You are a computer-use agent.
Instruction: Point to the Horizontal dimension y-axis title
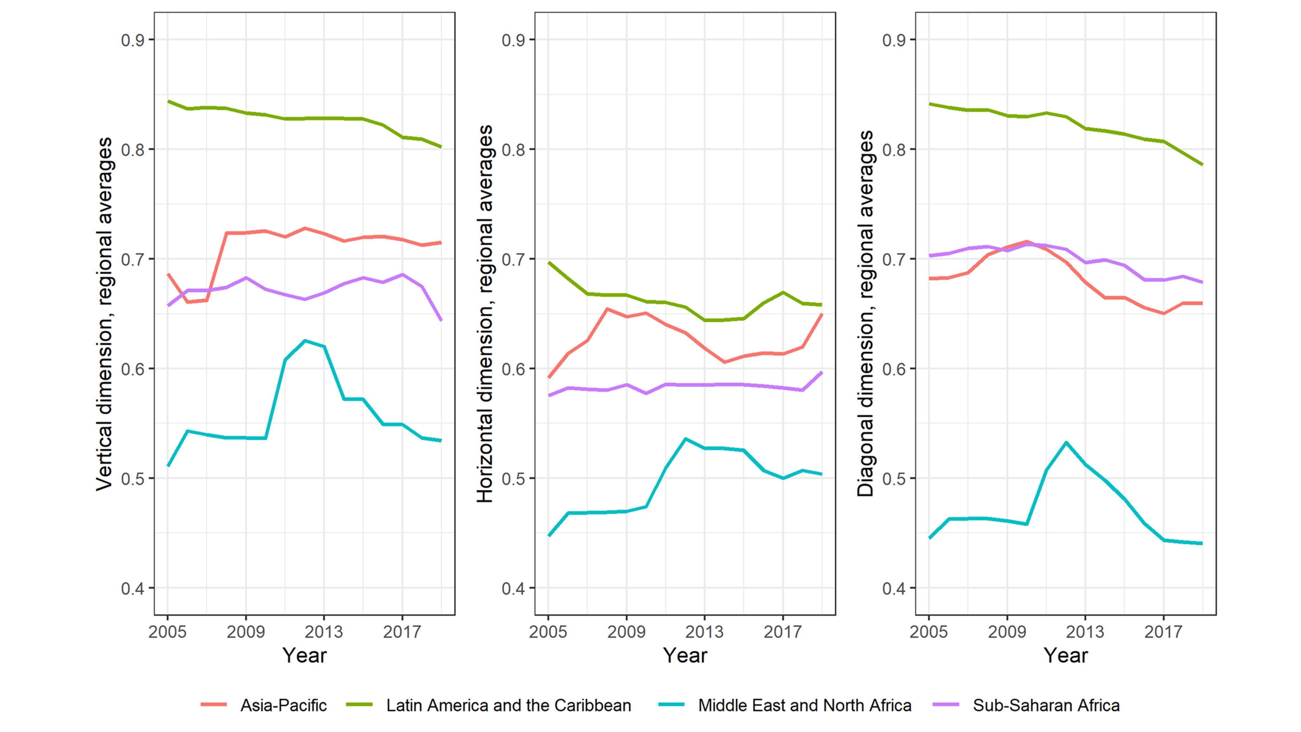coord(485,314)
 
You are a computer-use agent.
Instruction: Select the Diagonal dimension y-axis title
coord(865,314)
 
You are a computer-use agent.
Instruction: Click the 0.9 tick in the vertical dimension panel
coord(132,40)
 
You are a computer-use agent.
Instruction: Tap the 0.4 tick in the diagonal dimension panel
coord(893,588)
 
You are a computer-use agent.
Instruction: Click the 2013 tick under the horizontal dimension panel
coord(704,632)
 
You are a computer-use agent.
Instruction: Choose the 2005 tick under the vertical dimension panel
coord(168,632)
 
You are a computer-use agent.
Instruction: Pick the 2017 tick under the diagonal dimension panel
coord(1163,632)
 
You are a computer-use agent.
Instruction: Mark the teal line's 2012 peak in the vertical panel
coord(305,341)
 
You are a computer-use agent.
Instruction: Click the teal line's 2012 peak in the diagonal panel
coord(1066,443)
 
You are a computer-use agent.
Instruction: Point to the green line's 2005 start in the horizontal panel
coord(549,263)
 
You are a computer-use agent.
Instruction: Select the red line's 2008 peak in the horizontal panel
coord(607,309)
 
